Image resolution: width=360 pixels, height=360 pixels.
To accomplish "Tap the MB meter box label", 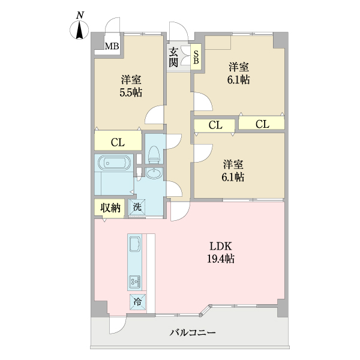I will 112,46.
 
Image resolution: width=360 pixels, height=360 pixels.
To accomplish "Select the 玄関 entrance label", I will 173,57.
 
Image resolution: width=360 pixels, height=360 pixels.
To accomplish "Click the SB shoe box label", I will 196,57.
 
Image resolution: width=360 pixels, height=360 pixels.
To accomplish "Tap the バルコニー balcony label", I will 192,332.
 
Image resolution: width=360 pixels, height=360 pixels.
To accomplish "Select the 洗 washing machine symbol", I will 137,208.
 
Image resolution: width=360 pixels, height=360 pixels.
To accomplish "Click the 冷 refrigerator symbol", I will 137,302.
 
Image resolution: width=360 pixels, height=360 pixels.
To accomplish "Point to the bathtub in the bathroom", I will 113,163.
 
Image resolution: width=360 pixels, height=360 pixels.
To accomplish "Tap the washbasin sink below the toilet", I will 154,174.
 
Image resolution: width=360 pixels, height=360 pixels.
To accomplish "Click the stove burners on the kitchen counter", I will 135,281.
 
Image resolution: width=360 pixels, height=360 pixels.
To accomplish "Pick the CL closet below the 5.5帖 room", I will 118,142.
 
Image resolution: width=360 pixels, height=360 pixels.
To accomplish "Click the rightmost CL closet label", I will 262,124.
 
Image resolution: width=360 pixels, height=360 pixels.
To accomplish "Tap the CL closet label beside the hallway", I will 215,125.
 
